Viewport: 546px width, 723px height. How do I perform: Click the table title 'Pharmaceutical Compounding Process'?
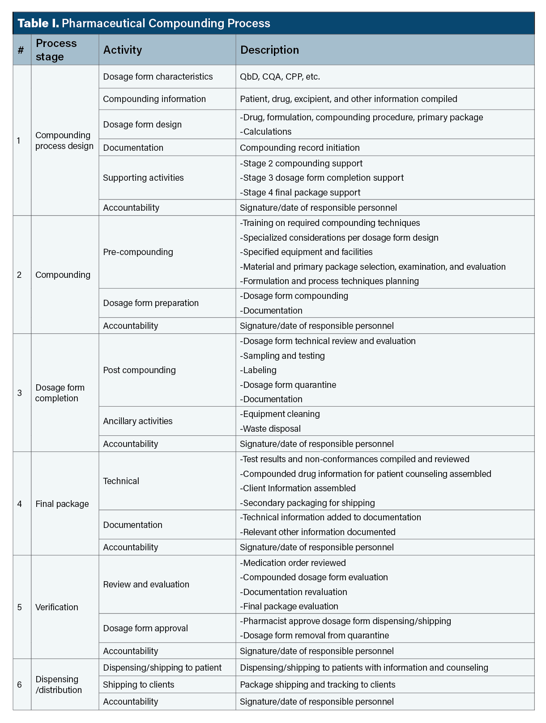pos(166,23)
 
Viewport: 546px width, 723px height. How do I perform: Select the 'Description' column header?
pos(269,50)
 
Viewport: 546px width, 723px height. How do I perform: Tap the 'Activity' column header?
pos(122,50)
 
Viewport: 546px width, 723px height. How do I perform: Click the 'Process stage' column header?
pos(56,50)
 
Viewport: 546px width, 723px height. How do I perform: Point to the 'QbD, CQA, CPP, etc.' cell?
pos(280,77)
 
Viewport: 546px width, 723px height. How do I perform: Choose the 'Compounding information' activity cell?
pos(154,99)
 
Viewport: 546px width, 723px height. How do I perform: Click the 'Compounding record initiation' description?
pos(299,148)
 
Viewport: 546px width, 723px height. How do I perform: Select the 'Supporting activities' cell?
pos(143,178)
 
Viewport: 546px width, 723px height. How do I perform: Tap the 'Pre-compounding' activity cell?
pos(138,252)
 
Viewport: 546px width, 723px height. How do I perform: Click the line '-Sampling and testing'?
pos(282,356)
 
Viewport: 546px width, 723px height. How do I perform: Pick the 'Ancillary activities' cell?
pos(137,421)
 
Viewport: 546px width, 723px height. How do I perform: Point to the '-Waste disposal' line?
pos(270,429)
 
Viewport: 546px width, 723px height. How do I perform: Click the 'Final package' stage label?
pos(62,504)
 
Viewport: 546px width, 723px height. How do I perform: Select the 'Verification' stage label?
pos(56,607)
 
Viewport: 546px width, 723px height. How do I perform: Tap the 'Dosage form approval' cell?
pos(145,628)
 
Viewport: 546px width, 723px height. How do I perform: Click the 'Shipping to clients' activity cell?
pos(138,685)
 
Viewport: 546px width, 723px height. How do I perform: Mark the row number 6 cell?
pos(19,685)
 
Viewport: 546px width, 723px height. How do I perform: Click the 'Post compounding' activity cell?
pos(139,370)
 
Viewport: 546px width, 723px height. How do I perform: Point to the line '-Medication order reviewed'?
pos(293,563)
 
